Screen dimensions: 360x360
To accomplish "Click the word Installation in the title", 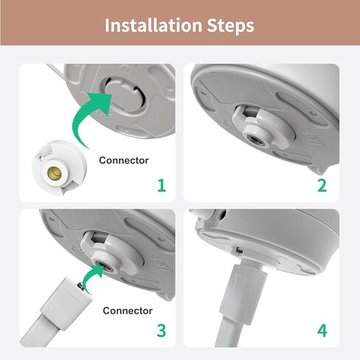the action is click(153, 25).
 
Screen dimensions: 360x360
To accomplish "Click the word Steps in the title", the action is click(230, 26).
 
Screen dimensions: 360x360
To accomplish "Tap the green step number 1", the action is click(162, 186).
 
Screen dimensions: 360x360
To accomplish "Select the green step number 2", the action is click(322, 186).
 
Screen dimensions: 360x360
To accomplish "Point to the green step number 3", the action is click(162, 330).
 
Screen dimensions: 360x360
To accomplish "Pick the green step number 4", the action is click(322, 330).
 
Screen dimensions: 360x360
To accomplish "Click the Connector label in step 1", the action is click(124, 160).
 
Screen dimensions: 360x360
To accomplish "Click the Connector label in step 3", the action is click(128, 311).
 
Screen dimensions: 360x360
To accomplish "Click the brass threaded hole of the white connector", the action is click(55, 173).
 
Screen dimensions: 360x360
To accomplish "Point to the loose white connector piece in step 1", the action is click(59, 167).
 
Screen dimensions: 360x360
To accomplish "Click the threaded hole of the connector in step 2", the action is click(256, 142).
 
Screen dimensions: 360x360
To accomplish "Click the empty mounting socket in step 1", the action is click(124, 94).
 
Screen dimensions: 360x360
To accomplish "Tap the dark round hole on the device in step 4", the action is click(223, 215).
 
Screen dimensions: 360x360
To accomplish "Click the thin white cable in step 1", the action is click(55, 72).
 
